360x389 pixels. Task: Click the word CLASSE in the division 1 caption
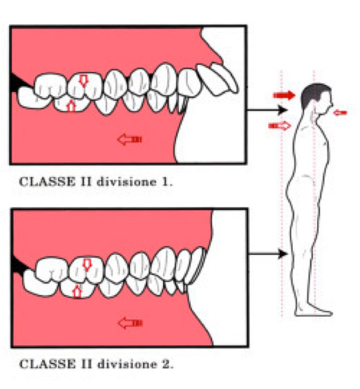click(47, 182)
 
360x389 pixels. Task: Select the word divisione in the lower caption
click(127, 364)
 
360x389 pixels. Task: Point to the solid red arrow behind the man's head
click(284, 95)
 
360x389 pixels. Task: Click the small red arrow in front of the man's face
click(340, 113)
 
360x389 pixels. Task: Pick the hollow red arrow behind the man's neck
click(280, 126)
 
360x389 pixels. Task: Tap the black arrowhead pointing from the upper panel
click(283, 110)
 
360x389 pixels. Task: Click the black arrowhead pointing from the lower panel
click(283, 254)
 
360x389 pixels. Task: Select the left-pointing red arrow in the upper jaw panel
click(129, 139)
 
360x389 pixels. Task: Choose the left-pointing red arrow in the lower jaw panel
click(130, 323)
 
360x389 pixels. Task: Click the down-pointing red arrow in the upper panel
click(84, 80)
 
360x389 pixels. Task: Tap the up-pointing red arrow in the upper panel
click(71, 106)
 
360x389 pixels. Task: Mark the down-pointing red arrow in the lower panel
click(87, 265)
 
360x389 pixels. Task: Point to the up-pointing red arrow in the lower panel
click(77, 292)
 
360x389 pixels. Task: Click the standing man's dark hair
click(312, 94)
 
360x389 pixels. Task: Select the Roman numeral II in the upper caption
click(86, 182)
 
